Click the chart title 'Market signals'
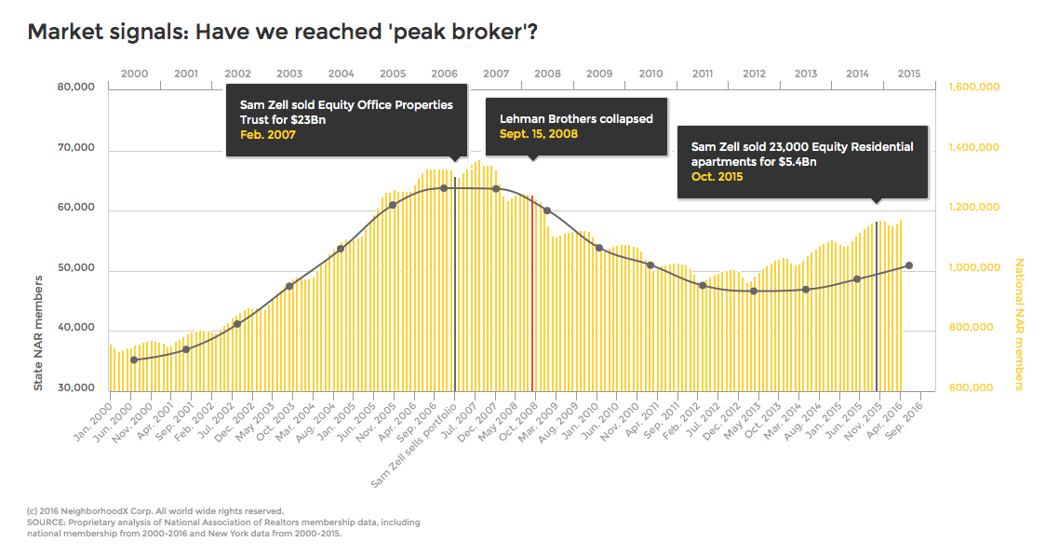pyautogui.click(x=282, y=32)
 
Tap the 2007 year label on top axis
pyautogui.click(x=496, y=74)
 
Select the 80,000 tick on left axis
pyautogui.click(x=77, y=88)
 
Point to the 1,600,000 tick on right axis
pyautogui.click(x=973, y=88)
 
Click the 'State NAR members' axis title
pyautogui.click(x=39, y=332)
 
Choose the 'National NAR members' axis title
pyautogui.click(x=1018, y=324)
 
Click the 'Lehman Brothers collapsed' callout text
pyautogui.click(x=576, y=119)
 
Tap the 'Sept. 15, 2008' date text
pyautogui.click(x=539, y=134)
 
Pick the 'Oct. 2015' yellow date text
pyautogui.click(x=717, y=177)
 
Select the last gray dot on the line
pyautogui.click(x=908, y=265)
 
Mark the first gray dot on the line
pyautogui.click(x=134, y=359)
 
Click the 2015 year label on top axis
pyautogui.click(x=909, y=74)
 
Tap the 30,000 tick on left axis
pyautogui.click(x=77, y=388)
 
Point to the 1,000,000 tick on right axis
pyautogui.click(x=973, y=268)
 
